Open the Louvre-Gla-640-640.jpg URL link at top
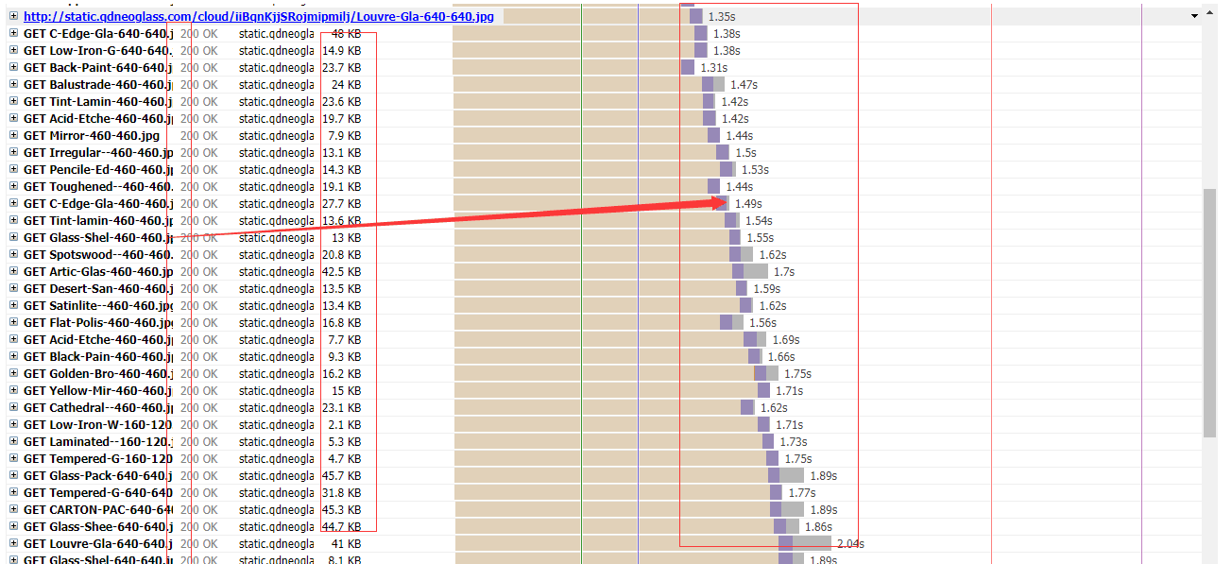click(258, 16)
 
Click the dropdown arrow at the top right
click(1194, 16)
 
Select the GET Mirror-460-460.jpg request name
click(92, 136)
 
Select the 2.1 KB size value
click(345, 425)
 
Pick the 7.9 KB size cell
click(345, 136)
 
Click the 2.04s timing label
click(850, 544)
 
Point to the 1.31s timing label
click(713, 68)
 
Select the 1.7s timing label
click(784, 272)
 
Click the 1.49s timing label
click(748, 204)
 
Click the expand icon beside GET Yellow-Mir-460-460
click(13, 391)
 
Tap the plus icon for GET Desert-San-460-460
click(13, 289)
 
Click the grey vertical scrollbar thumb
click(1209, 312)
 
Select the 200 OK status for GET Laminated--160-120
click(198, 442)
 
